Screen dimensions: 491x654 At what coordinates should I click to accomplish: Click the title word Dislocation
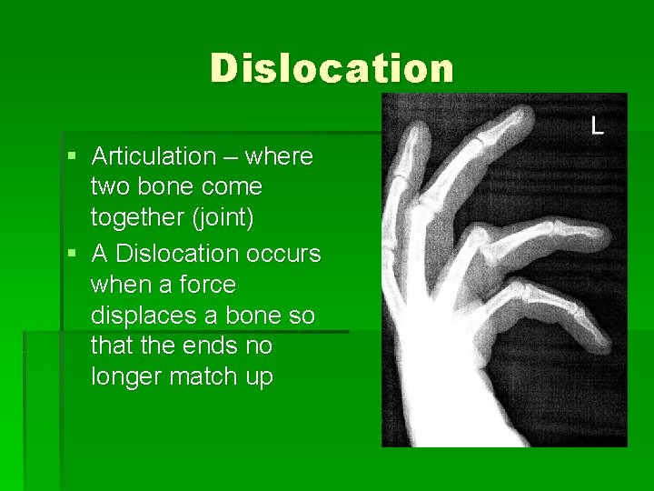point(332,68)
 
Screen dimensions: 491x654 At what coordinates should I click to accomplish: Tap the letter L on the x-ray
point(597,125)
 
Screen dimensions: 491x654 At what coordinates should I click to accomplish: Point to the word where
point(279,156)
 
